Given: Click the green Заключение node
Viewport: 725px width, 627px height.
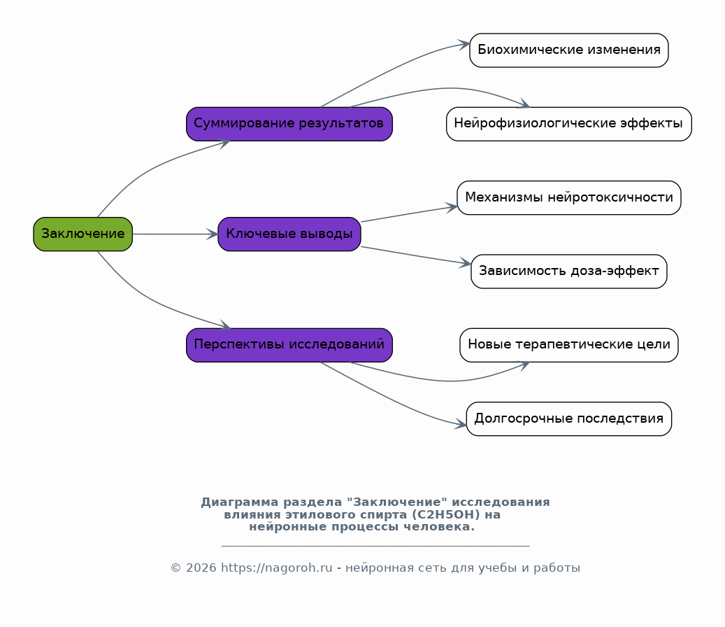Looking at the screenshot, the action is [x=82, y=234].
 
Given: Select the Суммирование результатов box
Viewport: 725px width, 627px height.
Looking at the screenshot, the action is [x=289, y=124].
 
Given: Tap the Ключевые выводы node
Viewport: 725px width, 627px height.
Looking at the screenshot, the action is [x=289, y=234].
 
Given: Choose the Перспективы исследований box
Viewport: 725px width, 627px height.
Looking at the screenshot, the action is [x=289, y=345].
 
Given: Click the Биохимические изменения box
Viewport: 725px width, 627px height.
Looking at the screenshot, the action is [x=568, y=50].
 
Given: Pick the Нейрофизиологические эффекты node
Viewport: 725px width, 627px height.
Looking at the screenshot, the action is [x=568, y=124].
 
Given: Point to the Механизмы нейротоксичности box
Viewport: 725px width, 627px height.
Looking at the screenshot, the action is [x=568, y=197].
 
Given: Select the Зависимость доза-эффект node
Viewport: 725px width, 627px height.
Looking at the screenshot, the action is [x=568, y=271].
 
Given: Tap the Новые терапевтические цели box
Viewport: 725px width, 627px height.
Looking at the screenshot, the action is [x=568, y=345].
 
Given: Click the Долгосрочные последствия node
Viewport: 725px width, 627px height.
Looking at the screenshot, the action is [x=568, y=418].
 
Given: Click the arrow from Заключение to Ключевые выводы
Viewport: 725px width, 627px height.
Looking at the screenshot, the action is [x=175, y=234].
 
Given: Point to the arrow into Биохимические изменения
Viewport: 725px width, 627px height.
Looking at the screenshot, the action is [x=393, y=71].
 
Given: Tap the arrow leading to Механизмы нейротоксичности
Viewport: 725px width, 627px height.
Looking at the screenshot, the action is [x=409, y=214].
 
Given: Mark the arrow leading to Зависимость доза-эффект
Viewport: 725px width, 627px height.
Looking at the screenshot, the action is [x=416, y=255].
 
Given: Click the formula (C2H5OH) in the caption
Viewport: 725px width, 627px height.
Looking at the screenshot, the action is [x=446, y=514].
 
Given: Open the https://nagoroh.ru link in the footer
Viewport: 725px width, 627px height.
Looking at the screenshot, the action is [x=276, y=568].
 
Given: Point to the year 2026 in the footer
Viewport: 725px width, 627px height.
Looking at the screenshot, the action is [x=201, y=568].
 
